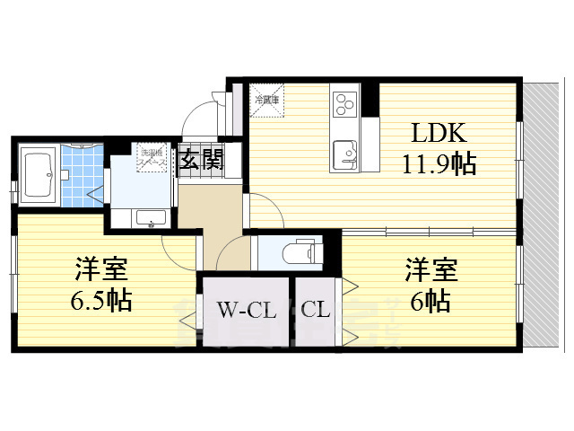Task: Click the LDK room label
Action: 439,135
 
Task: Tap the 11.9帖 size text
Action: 439,164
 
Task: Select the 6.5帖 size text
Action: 101,299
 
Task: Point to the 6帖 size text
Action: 430,299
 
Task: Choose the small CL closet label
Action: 316,312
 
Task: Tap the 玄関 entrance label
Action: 201,161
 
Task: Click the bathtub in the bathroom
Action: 38,170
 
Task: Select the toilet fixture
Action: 301,251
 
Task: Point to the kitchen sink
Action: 344,155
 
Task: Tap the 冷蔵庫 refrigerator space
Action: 268,99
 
